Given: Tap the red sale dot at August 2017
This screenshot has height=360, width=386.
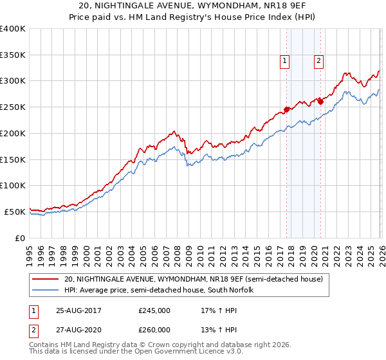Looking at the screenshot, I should click(286, 109).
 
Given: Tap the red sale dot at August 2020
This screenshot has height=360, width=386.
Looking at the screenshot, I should click(320, 101).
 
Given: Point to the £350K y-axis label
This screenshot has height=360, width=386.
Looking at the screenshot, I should click(13, 55).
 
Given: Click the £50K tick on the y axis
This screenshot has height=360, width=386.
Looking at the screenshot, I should click(15, 212).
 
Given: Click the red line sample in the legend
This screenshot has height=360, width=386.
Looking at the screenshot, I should click(46, 279).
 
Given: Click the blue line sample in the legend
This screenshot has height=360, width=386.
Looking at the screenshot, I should click(46, 291).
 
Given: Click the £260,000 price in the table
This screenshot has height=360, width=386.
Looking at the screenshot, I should click(154, 330).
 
